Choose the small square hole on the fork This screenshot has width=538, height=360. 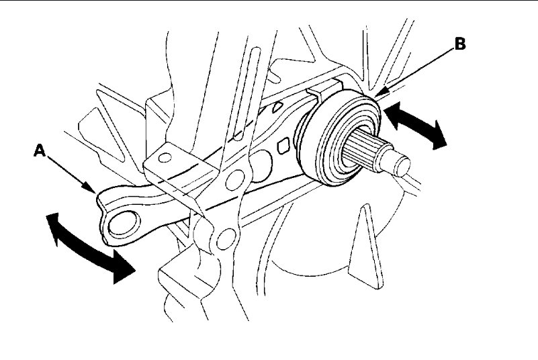284,143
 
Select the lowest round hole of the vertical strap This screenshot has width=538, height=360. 226,236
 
